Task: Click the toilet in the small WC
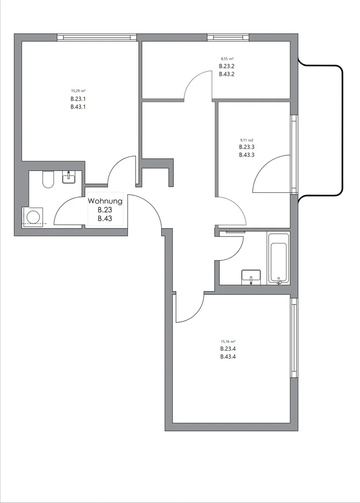(x=48, y=179)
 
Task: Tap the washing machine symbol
(x=33, y=217)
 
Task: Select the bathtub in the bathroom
(x=278, y=257)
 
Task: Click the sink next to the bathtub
(x=251, y=276)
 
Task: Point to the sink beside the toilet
(x=69, y=177)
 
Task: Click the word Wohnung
(x=105, y=201)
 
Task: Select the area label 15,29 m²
(x=78, y=91)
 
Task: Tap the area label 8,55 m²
(x=226, y=59)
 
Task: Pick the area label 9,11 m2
(x=246, y=140)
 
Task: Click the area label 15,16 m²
(x=228, y=341)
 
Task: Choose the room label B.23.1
(x=78, y=99)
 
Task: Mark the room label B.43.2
(x=226, y=74)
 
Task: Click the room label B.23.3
(x=246, y=147)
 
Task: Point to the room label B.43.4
(x=228, y=357)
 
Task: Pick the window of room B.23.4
(x=294, y=338)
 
